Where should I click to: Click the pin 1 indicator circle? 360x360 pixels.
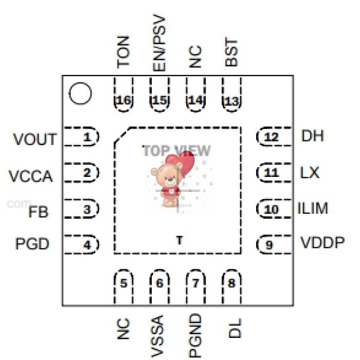80,94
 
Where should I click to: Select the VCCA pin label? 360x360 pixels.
31,176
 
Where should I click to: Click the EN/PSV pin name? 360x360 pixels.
159,42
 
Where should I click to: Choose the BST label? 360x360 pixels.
232,53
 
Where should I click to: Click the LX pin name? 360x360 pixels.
310,173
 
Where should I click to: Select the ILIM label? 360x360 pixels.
313,209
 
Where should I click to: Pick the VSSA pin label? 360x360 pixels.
159,337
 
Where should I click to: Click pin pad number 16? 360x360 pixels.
123,100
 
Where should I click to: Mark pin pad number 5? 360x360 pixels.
123,282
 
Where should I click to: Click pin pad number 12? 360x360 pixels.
271,137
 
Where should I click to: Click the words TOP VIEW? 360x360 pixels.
176,150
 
